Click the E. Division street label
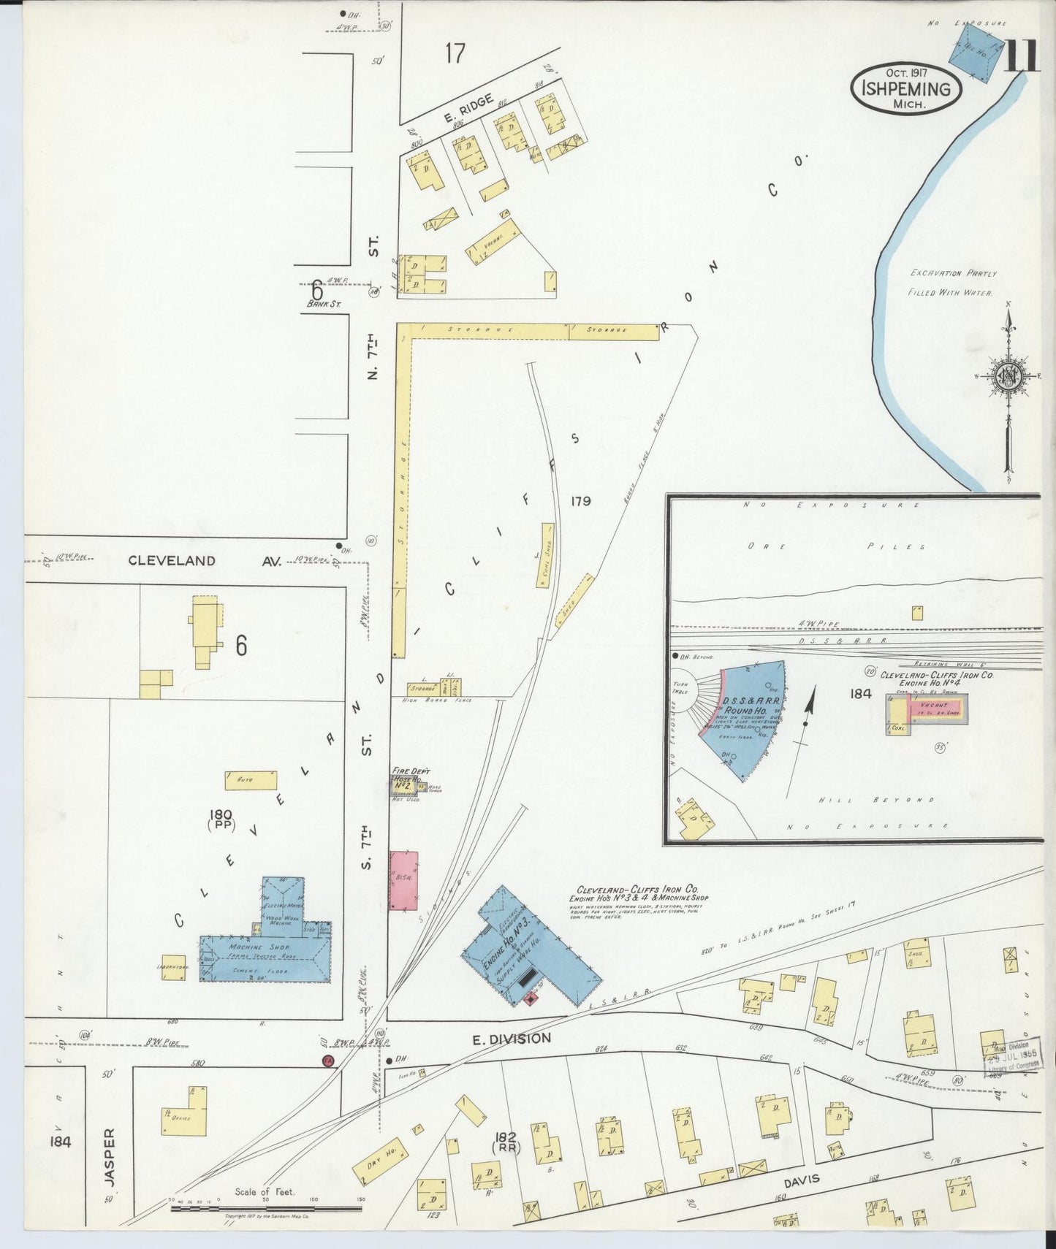pyautogui.click(x=512, y=1038)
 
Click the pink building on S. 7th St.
pyautogui.click(x=403, y=880)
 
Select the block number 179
pyautogui.click(x=582, y=501)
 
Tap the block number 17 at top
pyautogui.click(x=454, y=53)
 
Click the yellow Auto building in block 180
pyautogui.click(x=251, y=780)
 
